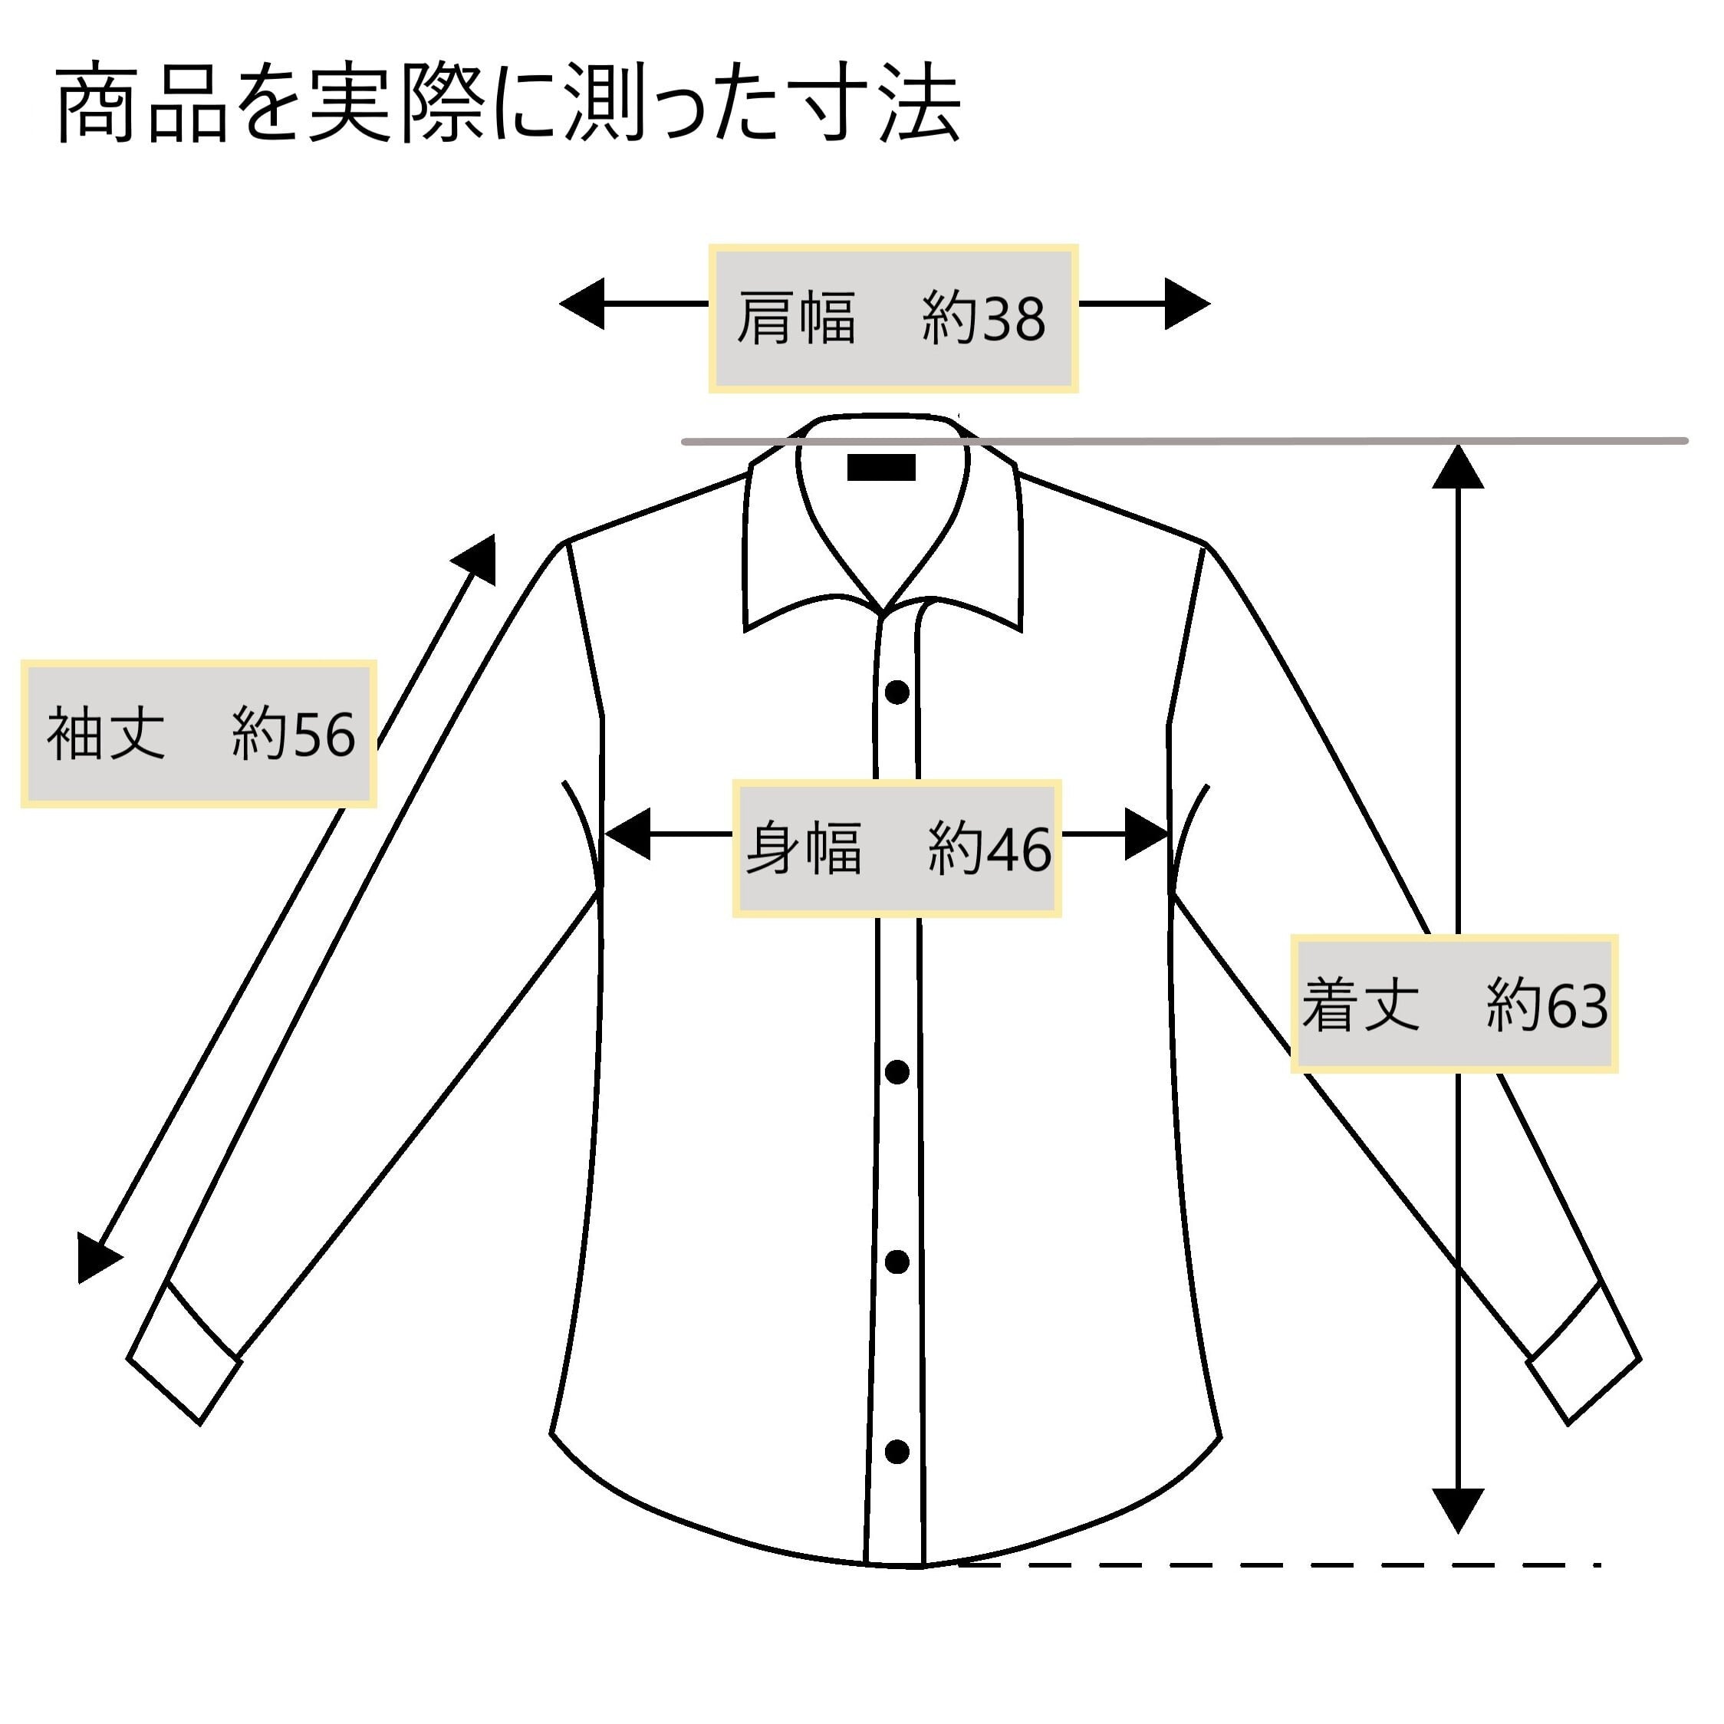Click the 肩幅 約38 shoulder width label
[893, 318]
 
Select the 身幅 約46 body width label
[897, 847]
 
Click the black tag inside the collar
[880, 468]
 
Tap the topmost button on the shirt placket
[897, 692]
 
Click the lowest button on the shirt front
[897, 1452]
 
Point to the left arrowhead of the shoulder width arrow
[582, 304]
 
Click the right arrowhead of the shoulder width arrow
[1187, 304]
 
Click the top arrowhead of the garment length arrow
[1457, 467]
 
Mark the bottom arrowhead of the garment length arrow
[1457, 1511]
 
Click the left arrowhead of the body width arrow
[627, 834]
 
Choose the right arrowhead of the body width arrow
[1146, 834]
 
